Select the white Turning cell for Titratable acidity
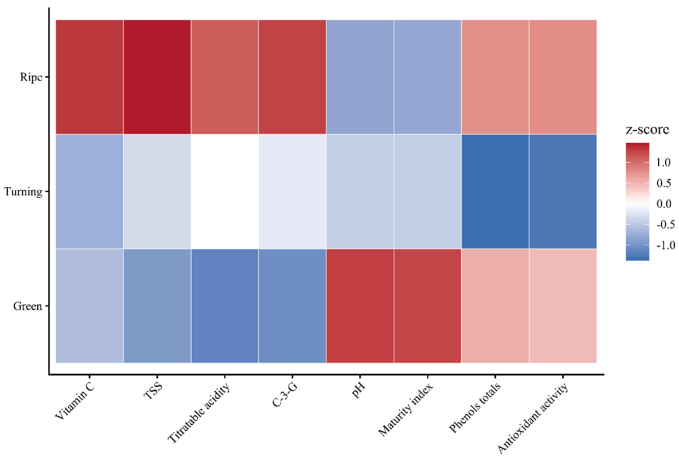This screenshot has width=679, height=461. [x=224, y=192]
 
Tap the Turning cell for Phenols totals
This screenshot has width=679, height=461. [x=495, y=192]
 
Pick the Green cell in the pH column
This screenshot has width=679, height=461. [x=360, y=306]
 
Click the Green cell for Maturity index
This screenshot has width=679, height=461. [x=427, y=306]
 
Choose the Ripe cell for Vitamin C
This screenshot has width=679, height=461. [x=89, y=77]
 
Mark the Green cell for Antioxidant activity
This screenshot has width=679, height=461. [x=563, y=306]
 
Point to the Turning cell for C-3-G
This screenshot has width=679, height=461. [x=292, y=192]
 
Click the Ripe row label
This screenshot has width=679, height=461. [x=31, y=77]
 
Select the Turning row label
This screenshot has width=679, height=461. [x=23, y=192]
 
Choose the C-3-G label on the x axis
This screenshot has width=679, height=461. [x=285, y=395]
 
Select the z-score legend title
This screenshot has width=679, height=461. [x=647, y=129]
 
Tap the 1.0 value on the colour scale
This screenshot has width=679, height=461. [x=663, y=162]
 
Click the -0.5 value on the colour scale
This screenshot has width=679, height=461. [x=665, y=224]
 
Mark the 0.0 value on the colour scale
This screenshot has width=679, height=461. [x=664, y=203]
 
